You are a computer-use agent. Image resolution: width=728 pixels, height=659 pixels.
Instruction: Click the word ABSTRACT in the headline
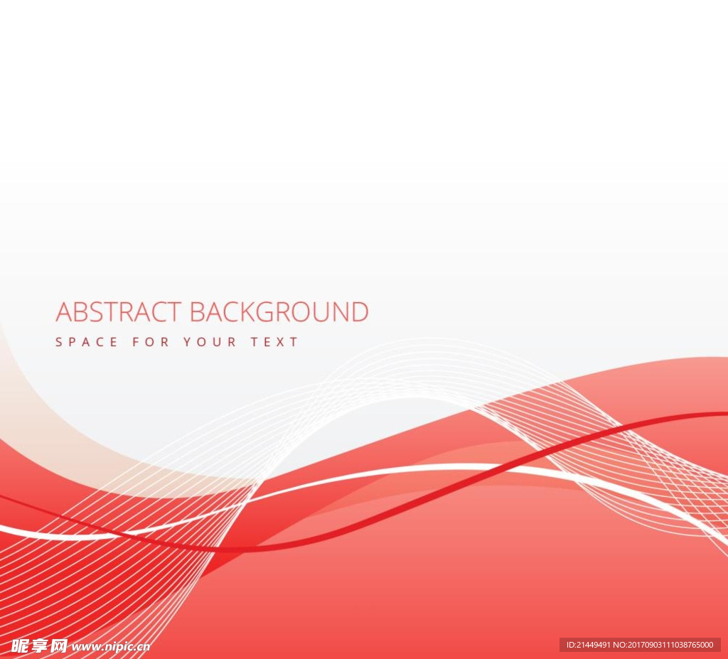click(x=119, y=311)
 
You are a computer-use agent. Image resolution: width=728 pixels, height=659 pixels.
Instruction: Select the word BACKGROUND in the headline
click(x=279, y=311)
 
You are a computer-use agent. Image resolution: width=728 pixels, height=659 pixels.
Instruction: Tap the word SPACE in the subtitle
click(x=86, y=342)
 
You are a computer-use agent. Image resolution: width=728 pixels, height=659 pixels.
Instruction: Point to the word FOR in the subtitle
click(x=151, y=342)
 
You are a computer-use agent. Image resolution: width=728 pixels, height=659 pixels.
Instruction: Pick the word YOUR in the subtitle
click(x=210, y=342)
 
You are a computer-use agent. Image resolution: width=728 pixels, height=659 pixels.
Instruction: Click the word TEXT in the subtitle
click(x=274, y=342)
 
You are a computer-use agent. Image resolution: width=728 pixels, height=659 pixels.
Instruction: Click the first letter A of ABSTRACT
click(x=64, y=311)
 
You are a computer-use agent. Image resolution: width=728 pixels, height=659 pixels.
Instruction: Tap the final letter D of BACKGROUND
click(x=360, y=311)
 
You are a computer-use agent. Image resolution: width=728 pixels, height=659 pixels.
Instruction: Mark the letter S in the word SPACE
click(x=58, y=342)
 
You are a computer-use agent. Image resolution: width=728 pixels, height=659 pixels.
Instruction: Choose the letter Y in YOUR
click(x=187, y=342)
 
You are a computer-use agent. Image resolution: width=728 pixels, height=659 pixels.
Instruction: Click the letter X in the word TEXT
click(x=280, y=342)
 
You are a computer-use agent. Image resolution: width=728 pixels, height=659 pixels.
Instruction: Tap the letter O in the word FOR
click(x=151, y=342)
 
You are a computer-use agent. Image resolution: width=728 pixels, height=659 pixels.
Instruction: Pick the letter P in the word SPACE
click(x=73, y=342)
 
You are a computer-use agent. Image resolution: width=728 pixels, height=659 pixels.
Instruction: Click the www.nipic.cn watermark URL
click(x=111, y=647)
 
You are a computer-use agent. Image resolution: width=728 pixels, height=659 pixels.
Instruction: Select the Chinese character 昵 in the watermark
click(x=19, y=646)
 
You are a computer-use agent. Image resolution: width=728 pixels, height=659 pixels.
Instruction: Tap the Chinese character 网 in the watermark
click(x=59, y=646)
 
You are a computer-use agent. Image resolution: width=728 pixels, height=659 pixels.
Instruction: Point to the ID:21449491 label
click(x=589, y=645)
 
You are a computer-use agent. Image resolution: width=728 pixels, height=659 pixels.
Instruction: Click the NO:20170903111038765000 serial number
click(x=663, y=645)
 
